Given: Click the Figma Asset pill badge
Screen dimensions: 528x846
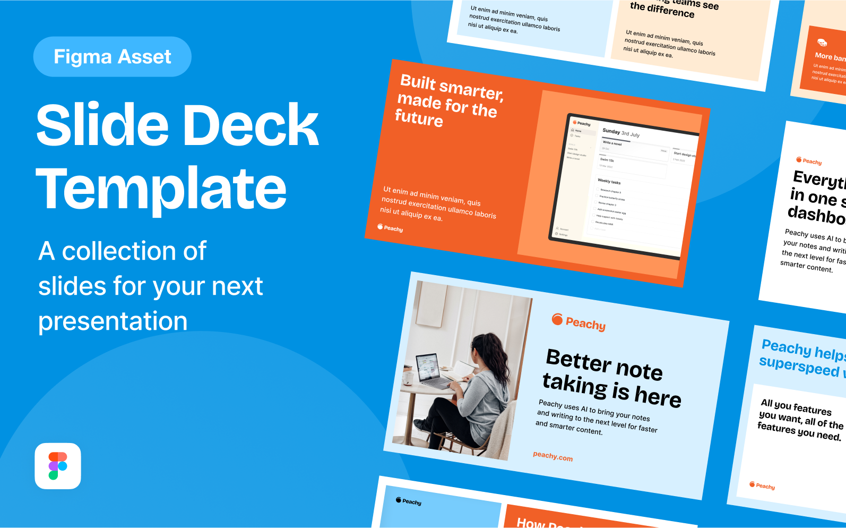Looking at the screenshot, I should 112,57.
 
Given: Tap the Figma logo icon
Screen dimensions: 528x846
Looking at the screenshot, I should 58,466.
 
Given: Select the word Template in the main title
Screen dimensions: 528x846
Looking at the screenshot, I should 161,189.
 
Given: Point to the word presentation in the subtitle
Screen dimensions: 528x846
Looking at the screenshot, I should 113,321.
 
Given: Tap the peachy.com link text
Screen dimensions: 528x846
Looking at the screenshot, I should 553,456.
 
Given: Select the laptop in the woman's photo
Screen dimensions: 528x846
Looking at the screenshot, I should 433,370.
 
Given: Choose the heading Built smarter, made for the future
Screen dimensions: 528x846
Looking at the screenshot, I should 448,101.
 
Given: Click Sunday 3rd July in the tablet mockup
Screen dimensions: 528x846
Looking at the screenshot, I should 620,132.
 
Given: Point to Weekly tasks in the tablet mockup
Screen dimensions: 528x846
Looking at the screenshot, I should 609,182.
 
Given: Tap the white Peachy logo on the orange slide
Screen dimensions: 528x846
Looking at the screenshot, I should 390,228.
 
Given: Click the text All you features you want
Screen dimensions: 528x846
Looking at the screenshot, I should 800,420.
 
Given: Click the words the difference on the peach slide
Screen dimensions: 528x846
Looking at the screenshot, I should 662,10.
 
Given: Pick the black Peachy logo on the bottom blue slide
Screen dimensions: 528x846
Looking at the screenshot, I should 409,501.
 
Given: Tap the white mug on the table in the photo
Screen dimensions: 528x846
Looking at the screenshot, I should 408,378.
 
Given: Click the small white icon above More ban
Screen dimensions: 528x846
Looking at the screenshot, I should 822,42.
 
